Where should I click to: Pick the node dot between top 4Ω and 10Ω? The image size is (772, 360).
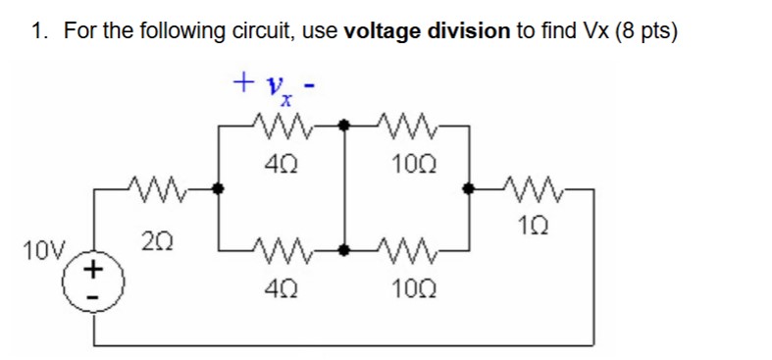point(345,125)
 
